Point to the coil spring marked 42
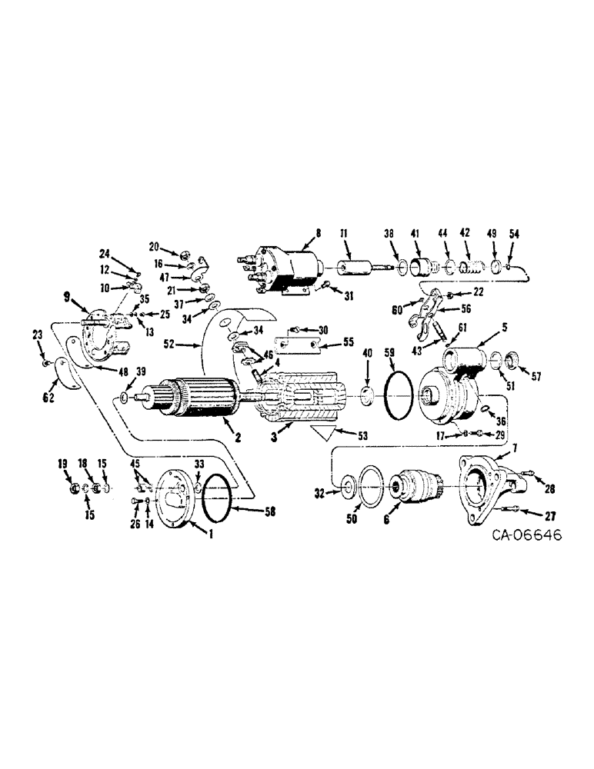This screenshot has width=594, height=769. pos(469,270)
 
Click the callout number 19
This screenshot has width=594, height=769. pos(64,464)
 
